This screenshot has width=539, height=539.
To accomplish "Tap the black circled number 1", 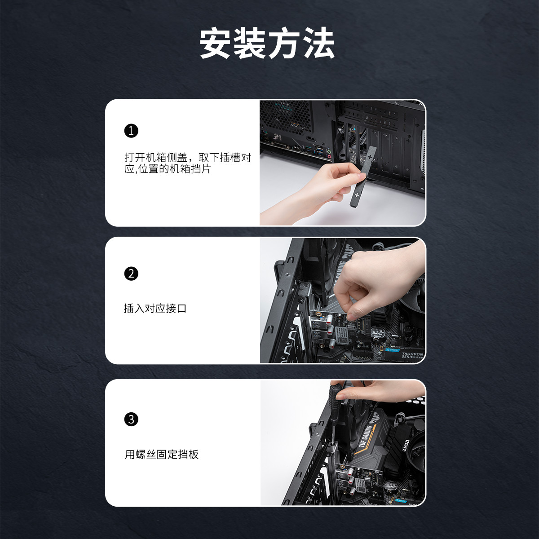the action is (x=131, y=131).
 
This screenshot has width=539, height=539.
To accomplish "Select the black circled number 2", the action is (x=131, y=274).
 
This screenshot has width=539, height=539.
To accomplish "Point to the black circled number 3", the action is (x=131, y=419).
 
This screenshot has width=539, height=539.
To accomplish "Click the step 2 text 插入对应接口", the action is (x=155, y=309).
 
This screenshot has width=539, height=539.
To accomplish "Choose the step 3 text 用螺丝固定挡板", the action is (x=162, y=454).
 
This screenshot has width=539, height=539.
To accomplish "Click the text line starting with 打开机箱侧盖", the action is (x=188, y=158).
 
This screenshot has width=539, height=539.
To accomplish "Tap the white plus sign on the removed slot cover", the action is (x=357, y=194).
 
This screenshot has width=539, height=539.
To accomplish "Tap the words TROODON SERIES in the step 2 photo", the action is (x=412, y=355).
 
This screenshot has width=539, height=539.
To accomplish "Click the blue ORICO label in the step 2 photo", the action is (x=393, y=350).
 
